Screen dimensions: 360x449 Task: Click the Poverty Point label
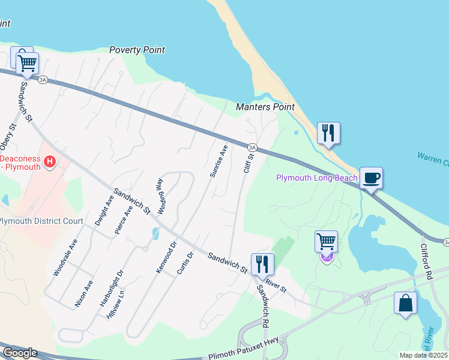point(137,50)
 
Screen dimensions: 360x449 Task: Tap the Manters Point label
point(265,107)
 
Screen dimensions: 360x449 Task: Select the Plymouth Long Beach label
point(316,178)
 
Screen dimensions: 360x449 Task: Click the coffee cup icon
point(371,178)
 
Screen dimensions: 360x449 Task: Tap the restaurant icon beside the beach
point(328,133)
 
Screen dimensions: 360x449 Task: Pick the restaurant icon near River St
point(262,263)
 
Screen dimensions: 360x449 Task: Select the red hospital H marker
point(50,162)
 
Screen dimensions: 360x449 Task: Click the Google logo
point(19,353)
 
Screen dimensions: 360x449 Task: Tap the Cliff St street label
point(249,163)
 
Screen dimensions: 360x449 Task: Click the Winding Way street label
point(160,196)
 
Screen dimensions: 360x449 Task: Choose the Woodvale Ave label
point(65,257)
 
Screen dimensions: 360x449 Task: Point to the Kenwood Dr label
point(166,258)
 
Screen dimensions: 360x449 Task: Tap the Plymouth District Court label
point(41,221)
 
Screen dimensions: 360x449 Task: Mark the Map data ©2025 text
point(423,355)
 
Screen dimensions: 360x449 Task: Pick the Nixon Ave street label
point(83,294)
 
